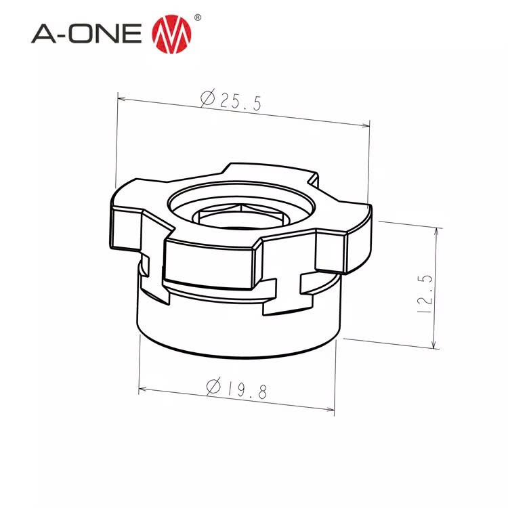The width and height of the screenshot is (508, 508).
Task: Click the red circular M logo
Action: (169, 32)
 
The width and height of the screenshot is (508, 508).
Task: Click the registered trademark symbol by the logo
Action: (197, 17)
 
